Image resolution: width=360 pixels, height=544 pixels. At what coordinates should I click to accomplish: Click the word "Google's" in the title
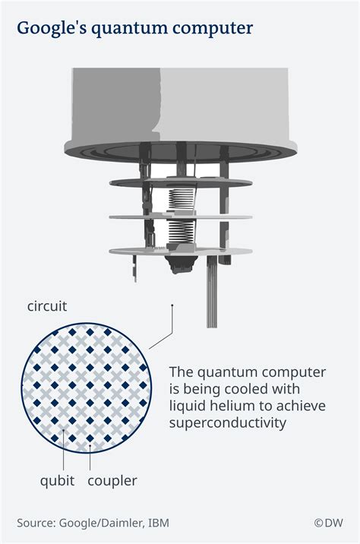point(52,29)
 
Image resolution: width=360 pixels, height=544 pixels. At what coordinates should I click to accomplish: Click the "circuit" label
point(47,308)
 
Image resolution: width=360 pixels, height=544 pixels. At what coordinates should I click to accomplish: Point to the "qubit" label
point(58,480)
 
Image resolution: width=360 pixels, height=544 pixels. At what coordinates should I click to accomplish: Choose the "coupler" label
point(112,480)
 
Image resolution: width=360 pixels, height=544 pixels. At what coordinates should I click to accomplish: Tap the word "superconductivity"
point(227,422)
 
